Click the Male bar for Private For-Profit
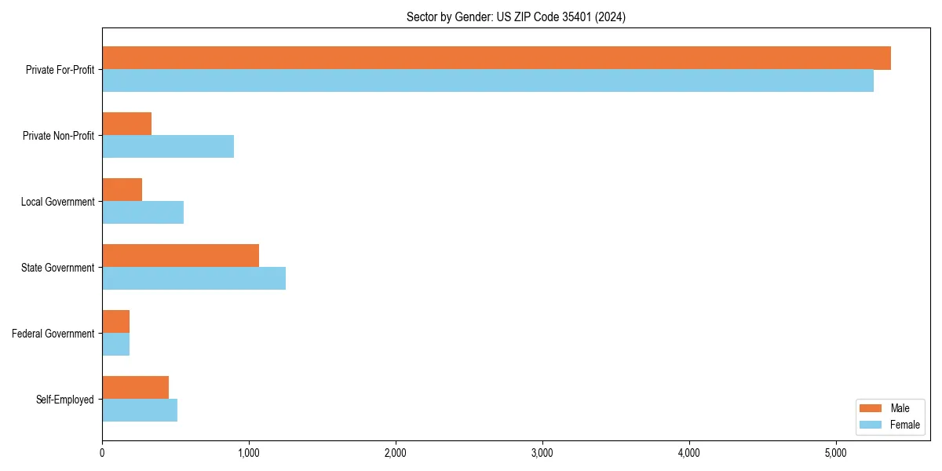point(496,58)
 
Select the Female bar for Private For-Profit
point(487,81)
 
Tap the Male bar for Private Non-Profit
point(126,124)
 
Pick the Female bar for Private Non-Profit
point(168,147)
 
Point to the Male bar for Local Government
point(122,190)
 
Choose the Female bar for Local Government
point(143,213)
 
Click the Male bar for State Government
point(181,256)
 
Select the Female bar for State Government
point(194,279)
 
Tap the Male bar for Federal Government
point(115,322)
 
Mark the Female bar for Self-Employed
point(140,411)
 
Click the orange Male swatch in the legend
point(871,408)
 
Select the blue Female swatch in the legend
point(871,425)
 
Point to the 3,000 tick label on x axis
point(542,453)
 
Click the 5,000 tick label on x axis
point(836,453)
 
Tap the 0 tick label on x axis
point(102,453)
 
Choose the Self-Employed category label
point(64,400)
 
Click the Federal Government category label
point(53,334)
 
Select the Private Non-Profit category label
point(58,136)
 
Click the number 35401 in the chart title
point(577,16)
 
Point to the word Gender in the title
point(474,16)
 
